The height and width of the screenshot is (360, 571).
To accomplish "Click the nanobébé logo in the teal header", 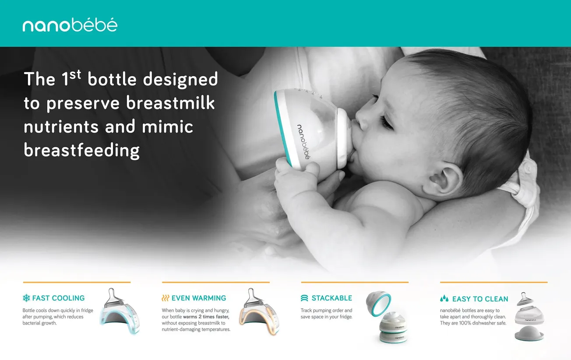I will pyautogui.click(x=70, y=25).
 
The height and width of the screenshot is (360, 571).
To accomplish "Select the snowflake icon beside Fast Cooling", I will pyautogui.click(x=26, y=298).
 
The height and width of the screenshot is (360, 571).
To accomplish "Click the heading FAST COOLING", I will pyautogui.click(x=58, y=298).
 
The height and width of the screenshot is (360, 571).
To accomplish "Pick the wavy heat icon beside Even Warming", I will pyautogui.click(x=165, y=298).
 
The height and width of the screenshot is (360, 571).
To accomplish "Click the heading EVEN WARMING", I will pyautogui.click(x=199, y=298).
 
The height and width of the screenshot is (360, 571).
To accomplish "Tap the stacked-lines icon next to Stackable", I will pyautogui.click(x=304, y=298).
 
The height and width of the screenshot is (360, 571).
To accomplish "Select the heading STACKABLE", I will pyautogui.click(x=331, y=298).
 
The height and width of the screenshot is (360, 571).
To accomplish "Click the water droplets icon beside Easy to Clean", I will pyautogui.click(x=444, y=299).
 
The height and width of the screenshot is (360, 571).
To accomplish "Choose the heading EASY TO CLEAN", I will pyautogui.click(x=480, y=299).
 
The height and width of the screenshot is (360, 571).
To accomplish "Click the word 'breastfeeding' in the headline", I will pyautogui.click(x=81, y=150).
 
